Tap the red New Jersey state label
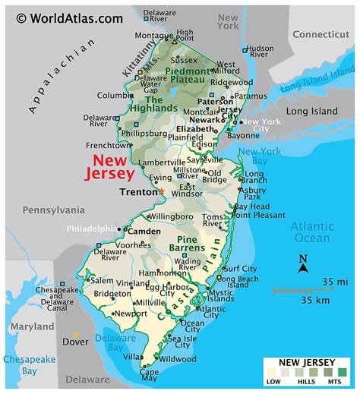coord(113,167)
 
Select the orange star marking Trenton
coord(161,191)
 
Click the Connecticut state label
coord(321,34)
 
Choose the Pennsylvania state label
coord(54,209)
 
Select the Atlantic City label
coord(212,309)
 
